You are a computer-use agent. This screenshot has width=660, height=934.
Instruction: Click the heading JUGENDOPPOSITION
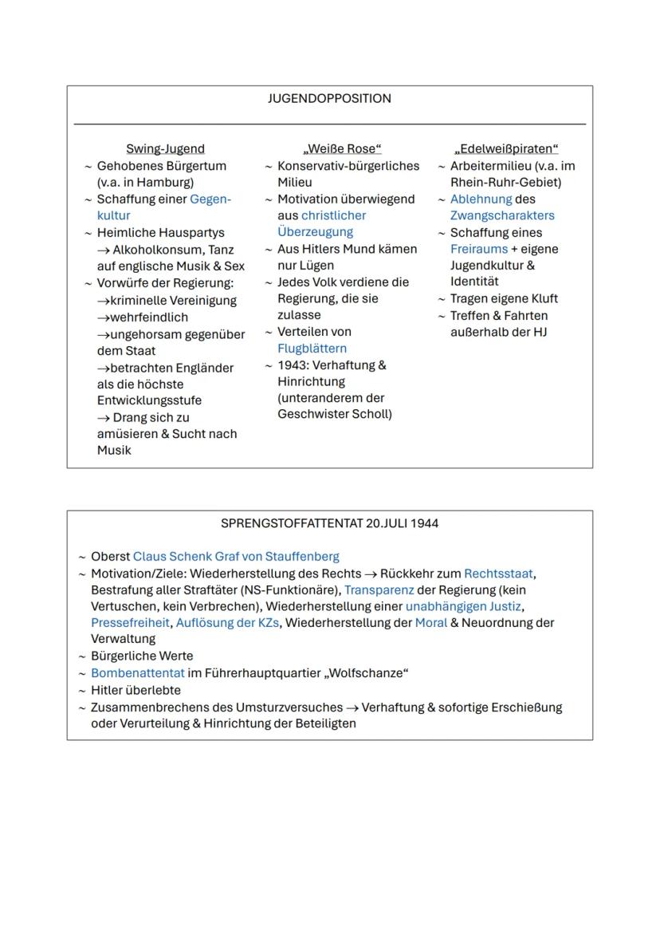pyautogui.click(x=329, y=99)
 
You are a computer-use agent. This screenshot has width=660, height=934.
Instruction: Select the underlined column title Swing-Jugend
pyautogui.click(x=165, y=149)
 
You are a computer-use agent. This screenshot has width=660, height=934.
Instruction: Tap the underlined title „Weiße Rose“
pyautogui.click(x=343, y=149)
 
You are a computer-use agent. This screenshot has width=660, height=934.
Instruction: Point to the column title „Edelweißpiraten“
pyautogui.click(x=506, y=149)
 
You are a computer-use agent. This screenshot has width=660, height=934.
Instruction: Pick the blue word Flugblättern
pyautogui.click(x=312, y=349)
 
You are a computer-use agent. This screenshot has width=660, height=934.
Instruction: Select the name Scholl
pyautogui.click(x=371, y=415)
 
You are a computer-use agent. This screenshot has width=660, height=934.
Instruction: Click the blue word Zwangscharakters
pyautogui.click(x=502, y=215)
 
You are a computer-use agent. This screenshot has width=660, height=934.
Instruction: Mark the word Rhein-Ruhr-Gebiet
pyautogui.click(x=505, y=183)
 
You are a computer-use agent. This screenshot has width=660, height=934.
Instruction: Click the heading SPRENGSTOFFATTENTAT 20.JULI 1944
pyautogui.click(x=329, y=524)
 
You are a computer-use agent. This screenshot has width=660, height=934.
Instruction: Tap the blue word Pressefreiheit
pyautogui.click(x=130, y=623)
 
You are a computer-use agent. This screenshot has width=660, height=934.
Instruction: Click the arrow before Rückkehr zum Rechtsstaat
pyautogui.click(x=369, y=574)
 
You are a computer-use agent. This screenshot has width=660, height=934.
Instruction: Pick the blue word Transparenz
pyautogui.click(x=379, y=590)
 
